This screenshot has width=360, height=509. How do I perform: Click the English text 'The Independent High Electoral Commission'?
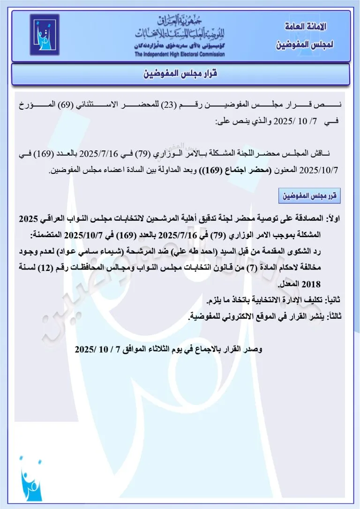pyautogui.click(x=180, y=54)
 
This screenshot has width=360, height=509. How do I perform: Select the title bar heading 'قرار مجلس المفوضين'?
pyautogui.click(x=180, y=74)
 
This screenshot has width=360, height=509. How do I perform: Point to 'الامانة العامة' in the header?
pyautogui.click(x=306, y=27)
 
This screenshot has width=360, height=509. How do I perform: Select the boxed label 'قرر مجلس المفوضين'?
pyautogui.click(x=309, y=196)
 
